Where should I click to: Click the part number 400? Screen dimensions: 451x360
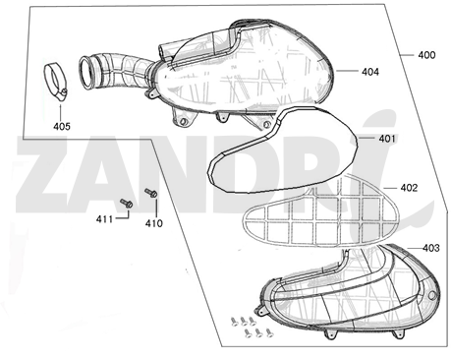click(426, 55)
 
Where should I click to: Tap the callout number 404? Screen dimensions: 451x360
click(370, 72)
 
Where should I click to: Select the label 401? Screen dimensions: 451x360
click(387, 139)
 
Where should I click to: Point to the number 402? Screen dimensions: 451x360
click(409, 188)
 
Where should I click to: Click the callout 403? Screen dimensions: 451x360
click(431, 248)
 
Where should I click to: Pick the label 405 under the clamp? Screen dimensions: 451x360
click(62, 126)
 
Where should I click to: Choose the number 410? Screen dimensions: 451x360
click(154, 223)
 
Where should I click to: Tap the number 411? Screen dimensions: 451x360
click(104, 218)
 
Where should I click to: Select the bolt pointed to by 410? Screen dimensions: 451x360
click(151, 193)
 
